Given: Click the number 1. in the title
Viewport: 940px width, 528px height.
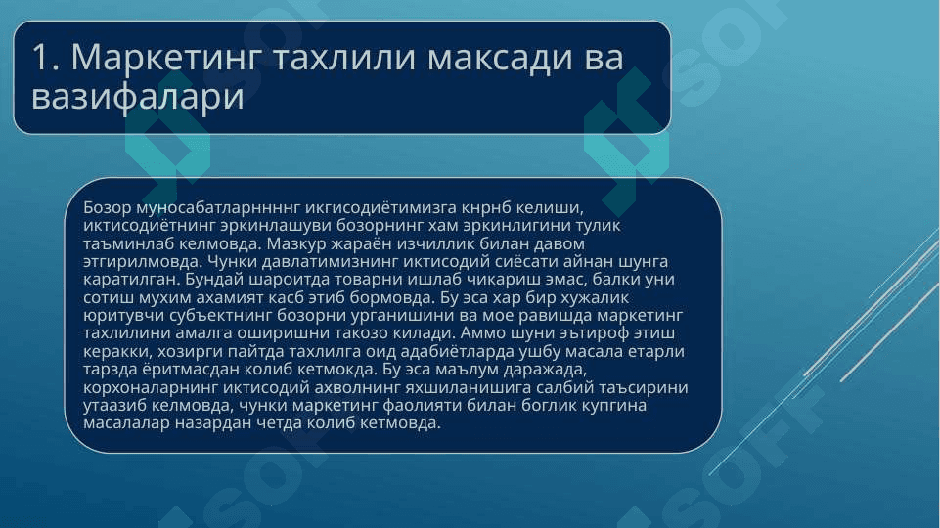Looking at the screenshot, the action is tap(46, 57).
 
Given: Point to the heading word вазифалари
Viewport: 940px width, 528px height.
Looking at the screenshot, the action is tap(138, 97).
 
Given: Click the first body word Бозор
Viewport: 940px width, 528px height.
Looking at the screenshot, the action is tap(108, 208).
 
